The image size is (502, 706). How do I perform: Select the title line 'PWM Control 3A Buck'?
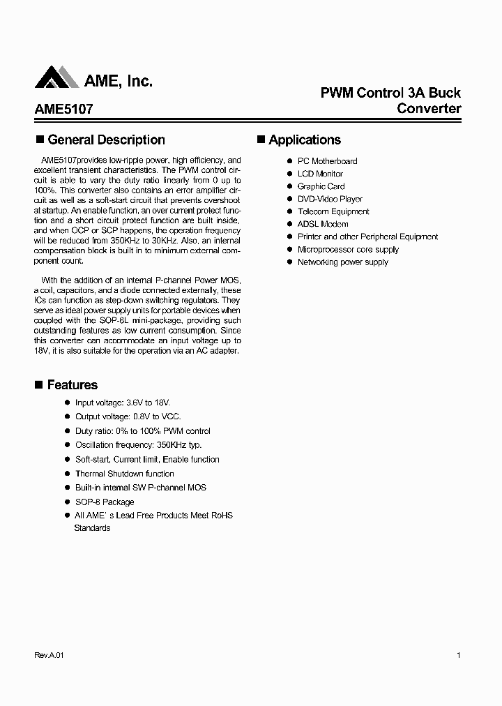pos(390,93)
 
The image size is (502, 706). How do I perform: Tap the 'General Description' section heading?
pos(106,140)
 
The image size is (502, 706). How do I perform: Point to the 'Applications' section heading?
pos(305,140)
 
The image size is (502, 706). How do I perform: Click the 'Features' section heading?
pos(72,385)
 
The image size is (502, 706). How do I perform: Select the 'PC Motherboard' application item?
pos(327,161)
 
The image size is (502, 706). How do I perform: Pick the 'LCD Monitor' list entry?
pos(320,174)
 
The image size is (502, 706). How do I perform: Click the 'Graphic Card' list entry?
pos(321,186)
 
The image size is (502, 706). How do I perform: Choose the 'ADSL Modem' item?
pos(323,224)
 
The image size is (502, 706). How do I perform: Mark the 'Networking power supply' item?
pos(342,262)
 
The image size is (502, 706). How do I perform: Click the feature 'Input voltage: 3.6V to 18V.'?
pos(123,403)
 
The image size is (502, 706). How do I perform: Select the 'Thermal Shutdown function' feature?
pos(125,474)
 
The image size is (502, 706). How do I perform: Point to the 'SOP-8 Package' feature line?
pos(105,502)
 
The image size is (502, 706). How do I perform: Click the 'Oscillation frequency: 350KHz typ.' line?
pos(138,445)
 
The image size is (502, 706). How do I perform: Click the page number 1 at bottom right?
pos(458,656)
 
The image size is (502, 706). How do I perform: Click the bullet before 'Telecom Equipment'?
pos(289,211)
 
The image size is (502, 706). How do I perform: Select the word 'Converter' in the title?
pos(429,109)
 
